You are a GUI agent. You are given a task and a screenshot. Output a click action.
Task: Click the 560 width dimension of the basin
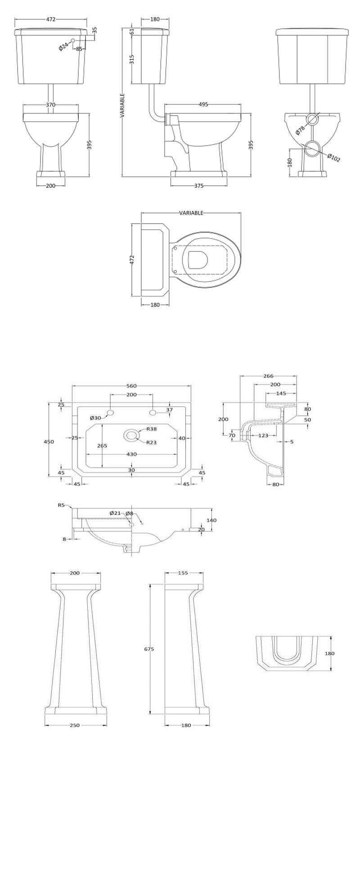131,386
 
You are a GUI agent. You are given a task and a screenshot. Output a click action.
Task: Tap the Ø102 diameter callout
333,158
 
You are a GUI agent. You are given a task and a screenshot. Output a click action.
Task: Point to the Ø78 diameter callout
300,129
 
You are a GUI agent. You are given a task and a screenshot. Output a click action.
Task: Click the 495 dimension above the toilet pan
203,104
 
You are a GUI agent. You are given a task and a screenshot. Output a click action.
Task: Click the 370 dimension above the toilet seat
50,104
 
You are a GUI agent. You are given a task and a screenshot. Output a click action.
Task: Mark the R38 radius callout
151,429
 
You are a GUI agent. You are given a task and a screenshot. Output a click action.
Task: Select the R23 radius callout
151,443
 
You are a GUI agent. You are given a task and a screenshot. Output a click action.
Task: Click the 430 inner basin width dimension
131,454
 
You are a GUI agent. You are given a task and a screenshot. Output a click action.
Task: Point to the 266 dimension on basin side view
268,376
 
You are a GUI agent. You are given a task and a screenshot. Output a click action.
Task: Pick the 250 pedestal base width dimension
75,725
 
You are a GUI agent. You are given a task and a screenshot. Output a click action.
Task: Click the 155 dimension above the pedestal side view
183,573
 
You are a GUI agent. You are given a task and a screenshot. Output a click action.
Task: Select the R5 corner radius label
62,505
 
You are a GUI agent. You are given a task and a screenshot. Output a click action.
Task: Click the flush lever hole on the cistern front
73,40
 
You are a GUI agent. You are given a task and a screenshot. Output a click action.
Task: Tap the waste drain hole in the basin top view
131,435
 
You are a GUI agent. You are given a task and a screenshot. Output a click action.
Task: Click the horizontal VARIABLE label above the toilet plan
191,213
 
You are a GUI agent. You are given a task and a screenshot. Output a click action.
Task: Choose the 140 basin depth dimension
212,520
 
